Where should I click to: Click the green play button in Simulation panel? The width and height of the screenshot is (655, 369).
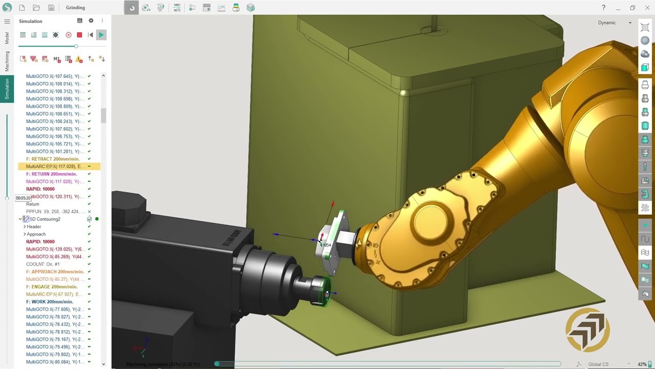click(x=101, y=35)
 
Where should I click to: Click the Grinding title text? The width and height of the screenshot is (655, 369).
click(x=75, y=8)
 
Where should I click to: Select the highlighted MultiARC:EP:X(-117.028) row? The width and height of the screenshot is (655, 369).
click(x=54, y=167)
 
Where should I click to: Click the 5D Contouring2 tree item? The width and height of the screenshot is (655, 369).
click(x=45, y=219)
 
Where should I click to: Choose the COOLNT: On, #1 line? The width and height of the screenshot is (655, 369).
click(x=42, y=264)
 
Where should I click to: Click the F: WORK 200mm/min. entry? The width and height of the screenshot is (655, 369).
click(x=50, y=302)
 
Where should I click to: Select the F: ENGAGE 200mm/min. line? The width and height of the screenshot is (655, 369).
click(x=52, y=287)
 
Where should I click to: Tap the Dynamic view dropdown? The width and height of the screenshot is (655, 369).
click(x=614, y=23)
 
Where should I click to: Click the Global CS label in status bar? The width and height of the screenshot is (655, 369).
click(x=598, y=364)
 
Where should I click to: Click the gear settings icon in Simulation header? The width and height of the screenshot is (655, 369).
click(x=91, y=21)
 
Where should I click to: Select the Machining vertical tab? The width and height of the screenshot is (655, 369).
click(x=7, y=61)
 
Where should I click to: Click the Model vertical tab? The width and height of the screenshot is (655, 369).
click(x=7, y=38)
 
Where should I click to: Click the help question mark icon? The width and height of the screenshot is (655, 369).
click(x=603, y=8)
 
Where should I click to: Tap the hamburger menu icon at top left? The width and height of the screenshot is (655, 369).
click(x=7, y=21)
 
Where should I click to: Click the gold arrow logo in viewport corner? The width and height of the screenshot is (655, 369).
click(x=587, y=330)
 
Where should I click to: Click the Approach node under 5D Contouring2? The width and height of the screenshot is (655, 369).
click(x=36, y=234)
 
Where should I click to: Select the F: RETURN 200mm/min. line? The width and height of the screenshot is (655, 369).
click(x=51, y=174)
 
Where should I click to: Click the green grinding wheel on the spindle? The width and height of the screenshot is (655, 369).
click(x=322, y=293)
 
